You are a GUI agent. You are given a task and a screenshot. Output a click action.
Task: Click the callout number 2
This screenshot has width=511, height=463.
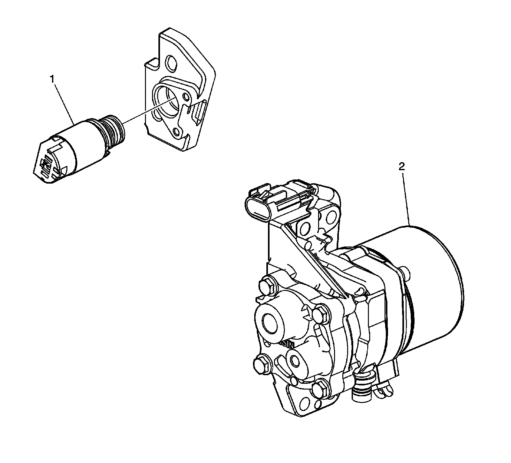pyautogui.click(x=402, y=166)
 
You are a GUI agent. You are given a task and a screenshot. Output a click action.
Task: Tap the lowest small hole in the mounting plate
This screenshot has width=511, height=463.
pyautogui.click(x=175, y=131)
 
